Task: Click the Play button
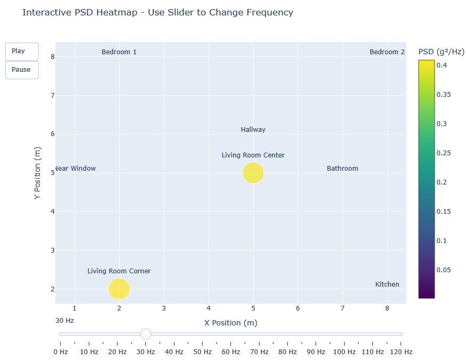point(22,52)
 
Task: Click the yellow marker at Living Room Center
point(253,173)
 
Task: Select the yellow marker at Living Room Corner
point(119,289)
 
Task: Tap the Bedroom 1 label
point(119,52)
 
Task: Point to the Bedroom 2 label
point(387,52)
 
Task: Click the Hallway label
point(253,130)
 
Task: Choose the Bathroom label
point(343,169)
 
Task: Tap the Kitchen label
point(387,284)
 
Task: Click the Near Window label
point(75,169)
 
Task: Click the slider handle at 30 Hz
point(146,334)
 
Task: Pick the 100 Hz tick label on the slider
point(344,352)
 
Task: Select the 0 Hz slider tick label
point(61,352)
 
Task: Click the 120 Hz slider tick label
point(401,352)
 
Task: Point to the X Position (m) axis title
point(231,323)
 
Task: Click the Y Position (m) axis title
point(37,173)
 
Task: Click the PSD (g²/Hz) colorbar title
point(442,52)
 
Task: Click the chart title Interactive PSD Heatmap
point(157,13)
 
